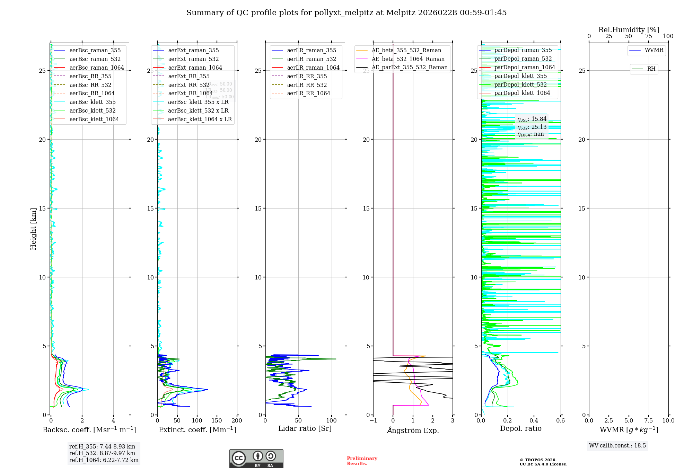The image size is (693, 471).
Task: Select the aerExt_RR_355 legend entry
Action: (188, 76)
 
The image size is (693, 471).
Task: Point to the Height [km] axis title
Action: (33, 229)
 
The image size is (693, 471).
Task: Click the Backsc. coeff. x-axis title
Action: (89, 430)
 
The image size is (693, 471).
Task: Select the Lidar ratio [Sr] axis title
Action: (305, 428)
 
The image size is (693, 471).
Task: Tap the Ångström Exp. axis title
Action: (413, 430)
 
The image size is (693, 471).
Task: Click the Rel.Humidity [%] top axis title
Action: (629, 30)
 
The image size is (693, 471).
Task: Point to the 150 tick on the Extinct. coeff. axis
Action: (217, 420)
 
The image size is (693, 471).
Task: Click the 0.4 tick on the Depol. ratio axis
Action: (534, 420)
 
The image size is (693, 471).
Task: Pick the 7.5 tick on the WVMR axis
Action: (649, 420)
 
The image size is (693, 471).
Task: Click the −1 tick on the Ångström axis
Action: (373, 420)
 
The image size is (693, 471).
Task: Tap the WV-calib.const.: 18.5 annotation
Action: (617, 445)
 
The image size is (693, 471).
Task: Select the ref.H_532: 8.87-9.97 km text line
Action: (102, 453)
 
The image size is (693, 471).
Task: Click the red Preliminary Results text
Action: (362, 461)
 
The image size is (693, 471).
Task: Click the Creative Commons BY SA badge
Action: (256, 459)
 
